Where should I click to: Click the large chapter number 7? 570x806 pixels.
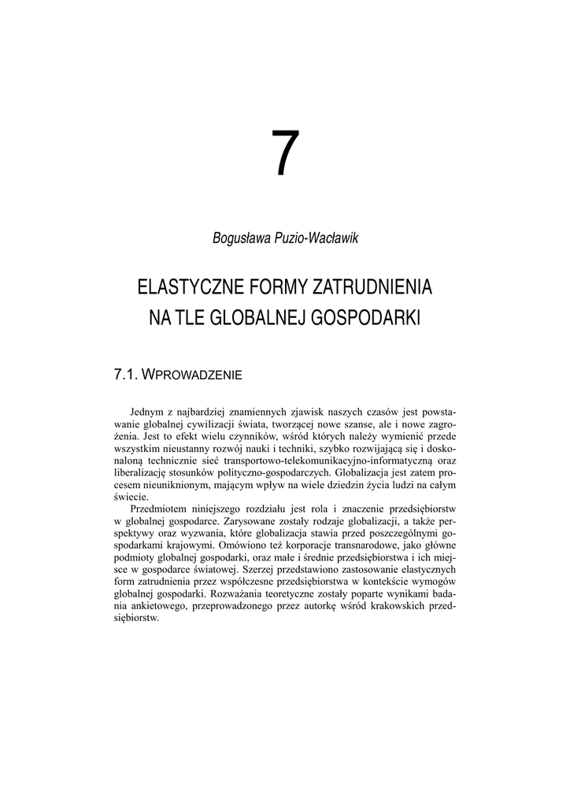click(285, 155)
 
